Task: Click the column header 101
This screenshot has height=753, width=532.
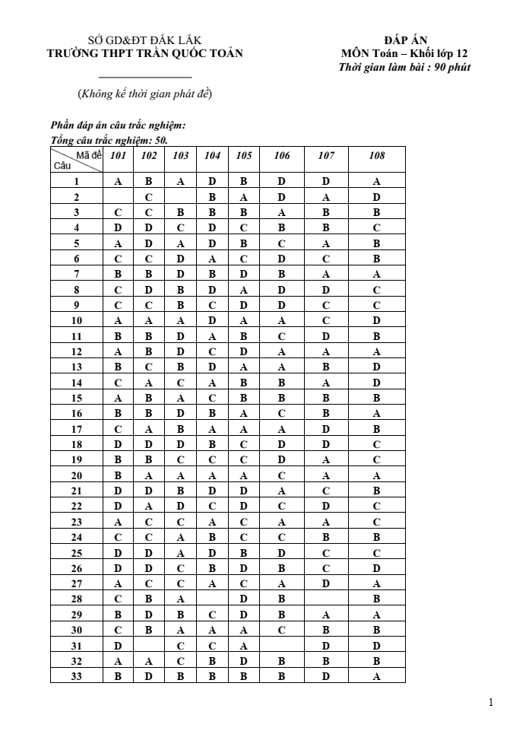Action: coord(118,156)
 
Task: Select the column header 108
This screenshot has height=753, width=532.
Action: coord(376,156)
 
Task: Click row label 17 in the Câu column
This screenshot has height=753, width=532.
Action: coord(76,428)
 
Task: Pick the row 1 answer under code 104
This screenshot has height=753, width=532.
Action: coord(213,182)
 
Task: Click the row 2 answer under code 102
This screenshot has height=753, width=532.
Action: coord(149,197)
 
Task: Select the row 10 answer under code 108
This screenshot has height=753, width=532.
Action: coord(376,320)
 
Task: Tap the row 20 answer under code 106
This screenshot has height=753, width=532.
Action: coord(282,475)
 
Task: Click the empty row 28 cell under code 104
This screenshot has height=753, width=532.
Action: coord(213,598)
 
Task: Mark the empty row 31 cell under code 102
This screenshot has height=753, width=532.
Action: coord(149,644)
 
